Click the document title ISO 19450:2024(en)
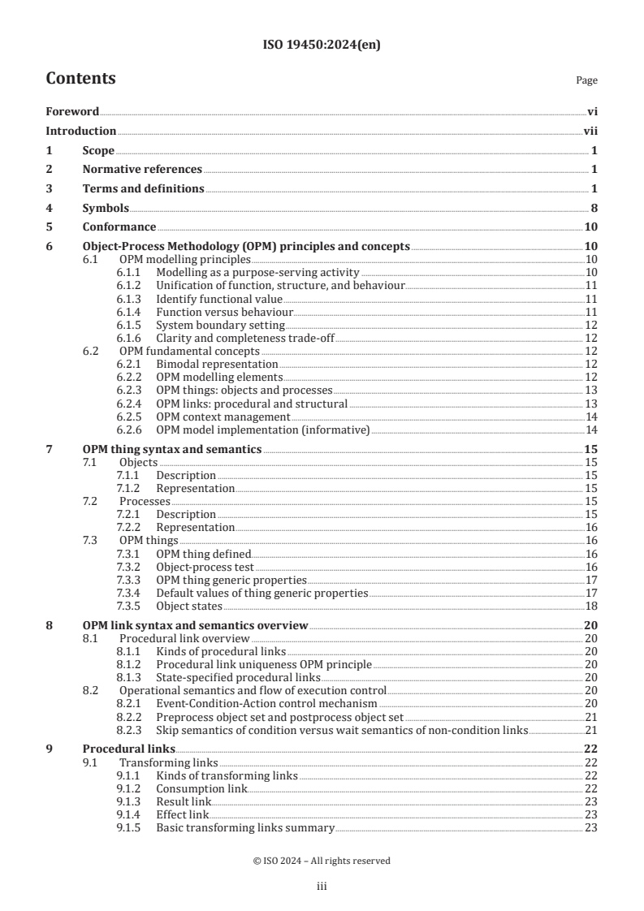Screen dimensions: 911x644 coord(322,45)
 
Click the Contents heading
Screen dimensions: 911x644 coord(80,79)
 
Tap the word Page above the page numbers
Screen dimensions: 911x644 coord(586,80)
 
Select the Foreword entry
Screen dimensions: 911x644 coord(72,112)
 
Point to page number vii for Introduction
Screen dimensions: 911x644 coord(591,131)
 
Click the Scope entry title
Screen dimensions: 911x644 coord(98,150)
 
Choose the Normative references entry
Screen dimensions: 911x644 coord(142,170)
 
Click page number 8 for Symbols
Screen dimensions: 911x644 coord(594,208)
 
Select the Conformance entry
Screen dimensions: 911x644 coord(119,227)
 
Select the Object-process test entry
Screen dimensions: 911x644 coord(205,567)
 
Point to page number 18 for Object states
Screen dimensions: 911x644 coord(592,606)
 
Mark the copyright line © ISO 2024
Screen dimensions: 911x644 coord(322,861)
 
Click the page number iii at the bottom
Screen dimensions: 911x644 coord(322,887)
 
